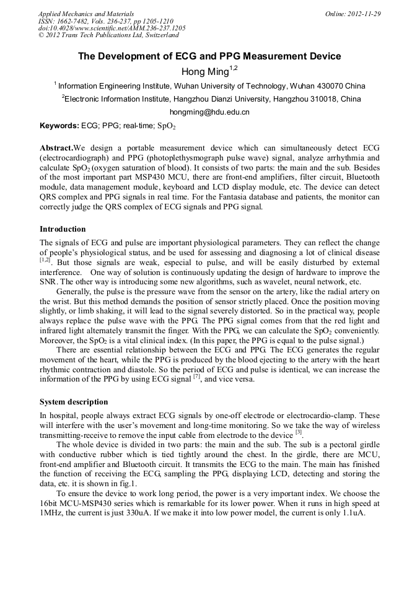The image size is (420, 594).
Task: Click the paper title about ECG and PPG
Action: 209,56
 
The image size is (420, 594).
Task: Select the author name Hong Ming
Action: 205,71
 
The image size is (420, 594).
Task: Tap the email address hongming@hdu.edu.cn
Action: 209,112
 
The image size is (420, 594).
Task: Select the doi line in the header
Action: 112,28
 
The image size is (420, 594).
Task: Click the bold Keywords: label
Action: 59,126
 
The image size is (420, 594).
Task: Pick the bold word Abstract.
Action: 56,149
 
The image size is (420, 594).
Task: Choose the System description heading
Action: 74,401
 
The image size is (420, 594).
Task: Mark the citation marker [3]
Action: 298,433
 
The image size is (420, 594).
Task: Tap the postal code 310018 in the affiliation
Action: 322,98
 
